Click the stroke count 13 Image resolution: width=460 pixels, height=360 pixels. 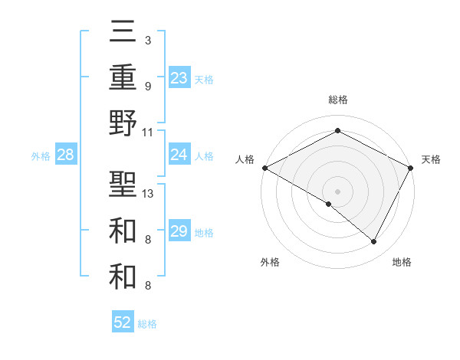pos(148,193)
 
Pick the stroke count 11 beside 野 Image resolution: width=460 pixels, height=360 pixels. pos(148,132)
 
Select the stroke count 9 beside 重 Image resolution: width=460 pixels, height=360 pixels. pos(148,86)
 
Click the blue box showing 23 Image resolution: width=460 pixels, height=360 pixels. pos(179,77)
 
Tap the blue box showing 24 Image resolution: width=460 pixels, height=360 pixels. pos(179,155)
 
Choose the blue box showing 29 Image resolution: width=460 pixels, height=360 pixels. pos(179,231)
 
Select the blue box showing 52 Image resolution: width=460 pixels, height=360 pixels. pos(123,322)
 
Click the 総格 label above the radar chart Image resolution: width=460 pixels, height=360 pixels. pos(337,100)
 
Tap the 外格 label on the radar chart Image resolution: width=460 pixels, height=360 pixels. pos(270,262)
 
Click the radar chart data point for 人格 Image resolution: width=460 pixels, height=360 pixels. pos(264,168)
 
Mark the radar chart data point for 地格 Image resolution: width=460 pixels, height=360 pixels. pos(373,241)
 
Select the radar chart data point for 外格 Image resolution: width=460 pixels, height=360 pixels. pos(329,204)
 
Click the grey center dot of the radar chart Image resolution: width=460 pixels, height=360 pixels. pos(337,191)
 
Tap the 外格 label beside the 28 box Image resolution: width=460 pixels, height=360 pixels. pos(41,156)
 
